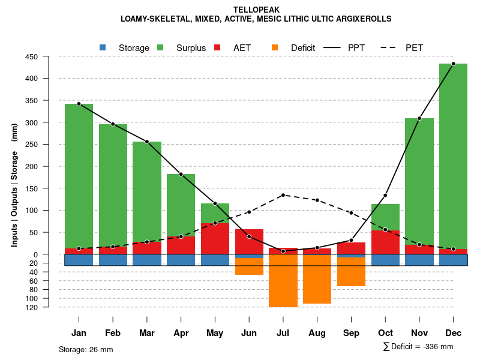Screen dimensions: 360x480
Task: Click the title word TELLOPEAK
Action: pos(256,10)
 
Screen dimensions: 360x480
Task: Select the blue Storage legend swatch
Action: pos(103,47)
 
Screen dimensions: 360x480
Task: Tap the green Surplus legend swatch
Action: pos(160,47)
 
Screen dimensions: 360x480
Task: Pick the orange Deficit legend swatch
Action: pos(275,47)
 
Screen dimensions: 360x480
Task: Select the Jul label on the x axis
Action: pos(283,333)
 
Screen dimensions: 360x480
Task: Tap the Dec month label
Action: pos(454,333)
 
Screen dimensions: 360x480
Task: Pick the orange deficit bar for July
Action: pos(283,282)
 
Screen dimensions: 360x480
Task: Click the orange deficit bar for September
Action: pos(351,272)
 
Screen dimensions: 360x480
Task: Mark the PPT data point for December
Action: pos(453,64)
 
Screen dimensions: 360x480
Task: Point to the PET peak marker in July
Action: pos(283,195)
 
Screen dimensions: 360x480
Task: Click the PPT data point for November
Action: pos(419,118)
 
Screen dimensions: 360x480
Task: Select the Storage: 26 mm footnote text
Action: pos(86,349)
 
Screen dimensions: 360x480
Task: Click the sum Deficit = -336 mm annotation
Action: pos(418,346)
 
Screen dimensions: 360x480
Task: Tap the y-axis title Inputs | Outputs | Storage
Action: pos(14,185)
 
